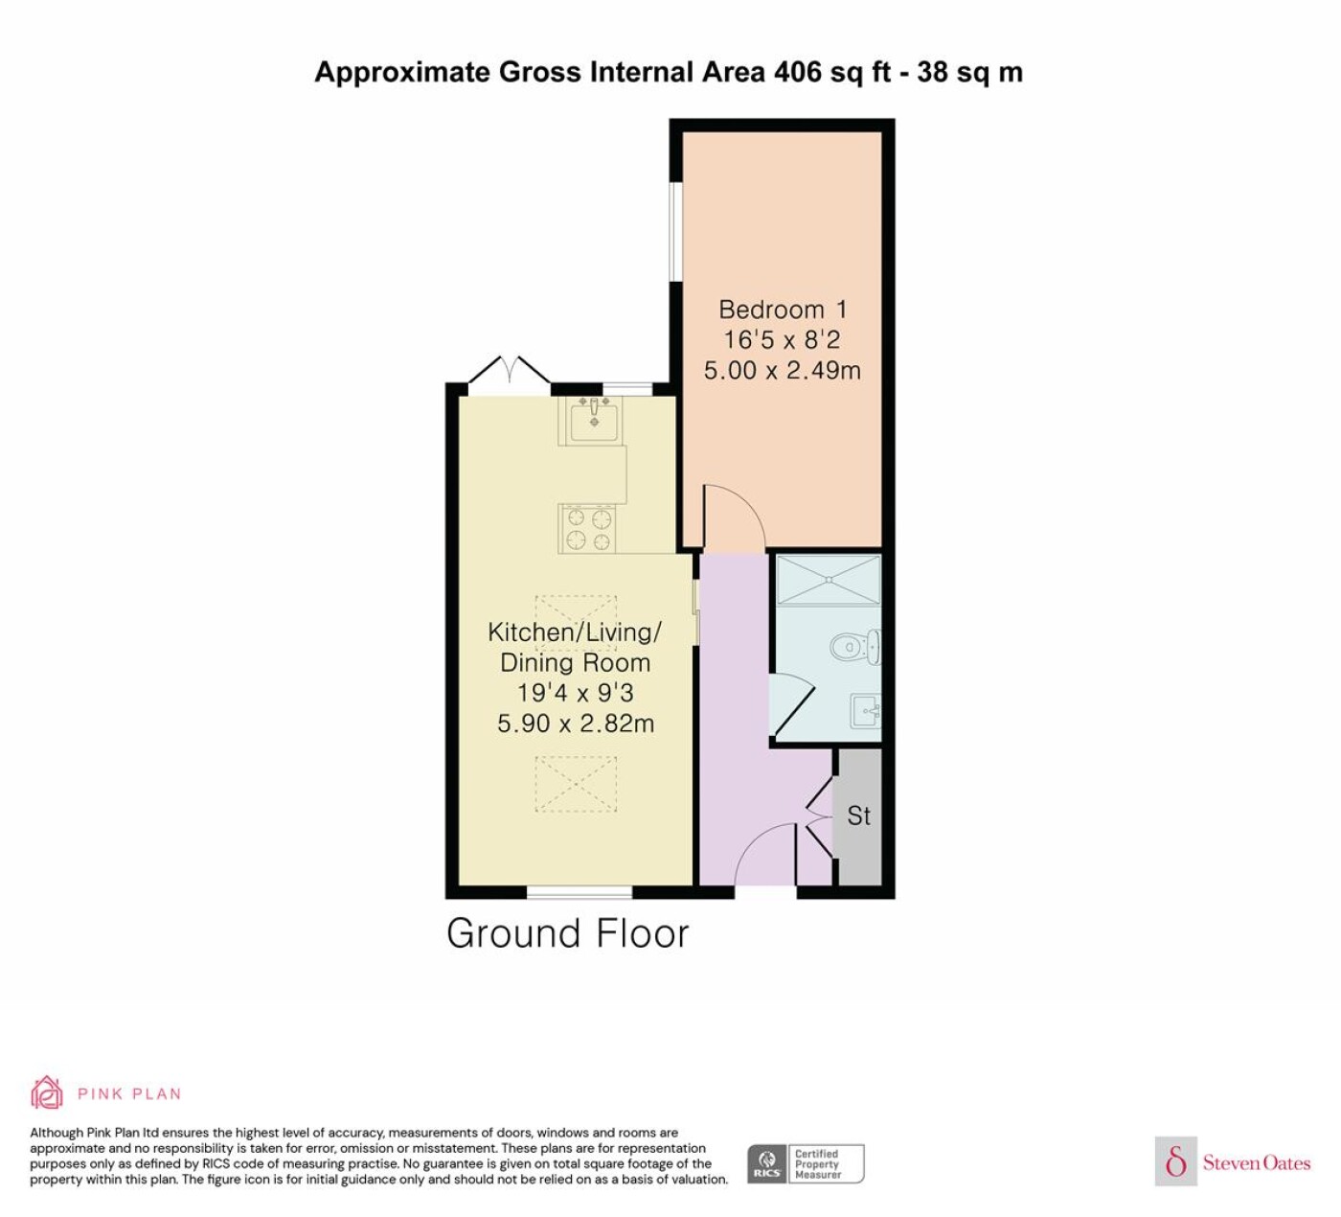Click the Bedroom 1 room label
[x=783, y=310]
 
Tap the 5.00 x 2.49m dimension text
[x=783, y=371]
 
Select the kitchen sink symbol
[x=594, y=420]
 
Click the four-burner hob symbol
[x=588, y=529]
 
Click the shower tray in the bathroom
[x=829, y=580]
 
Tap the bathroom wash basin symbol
[x=866, y=710]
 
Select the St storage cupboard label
[x=858, y=815]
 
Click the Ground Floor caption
[x=568, y=933]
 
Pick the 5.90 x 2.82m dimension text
[x=576, y=723]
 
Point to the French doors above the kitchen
[x=510, y=370]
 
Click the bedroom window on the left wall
[x=676, y=231]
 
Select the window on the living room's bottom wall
[x=580, y=892]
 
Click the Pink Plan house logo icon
[x=47, y=1092]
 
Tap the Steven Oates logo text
[x=1257, y=1162]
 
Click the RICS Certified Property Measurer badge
[x=806, y=1163]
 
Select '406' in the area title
[x=798, y=72]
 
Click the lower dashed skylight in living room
[x=576, y=784]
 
